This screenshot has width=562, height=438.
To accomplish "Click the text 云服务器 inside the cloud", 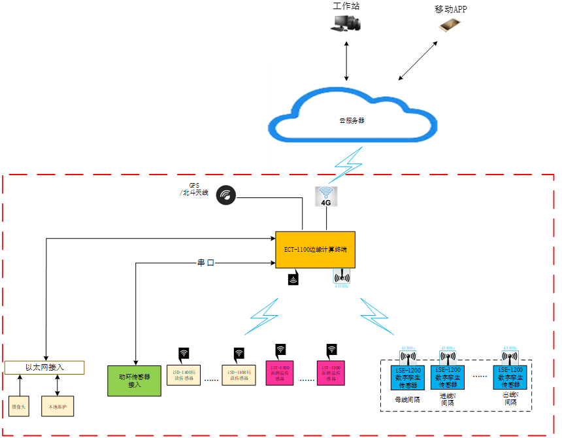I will [352, 121].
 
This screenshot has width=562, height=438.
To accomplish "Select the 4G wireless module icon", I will [326, 197].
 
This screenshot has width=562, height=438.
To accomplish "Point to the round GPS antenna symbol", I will [227, 194].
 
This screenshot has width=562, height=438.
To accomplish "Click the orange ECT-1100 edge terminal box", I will [315, 249].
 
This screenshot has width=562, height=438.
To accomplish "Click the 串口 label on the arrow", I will [207, 263].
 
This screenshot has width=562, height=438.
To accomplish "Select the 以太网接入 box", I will [44, 367].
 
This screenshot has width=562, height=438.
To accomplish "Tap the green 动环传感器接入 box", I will [134, 380].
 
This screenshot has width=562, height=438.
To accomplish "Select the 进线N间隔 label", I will [449, 399].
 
